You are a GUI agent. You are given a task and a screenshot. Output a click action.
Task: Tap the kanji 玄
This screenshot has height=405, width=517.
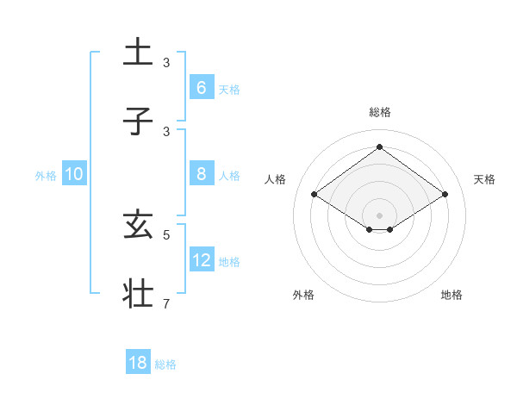138,227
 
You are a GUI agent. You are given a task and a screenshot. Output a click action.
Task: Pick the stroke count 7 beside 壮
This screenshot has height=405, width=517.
166,303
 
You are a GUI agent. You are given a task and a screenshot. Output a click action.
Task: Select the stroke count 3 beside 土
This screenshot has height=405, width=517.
166,63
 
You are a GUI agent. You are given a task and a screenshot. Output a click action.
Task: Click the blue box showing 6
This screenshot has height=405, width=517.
201,87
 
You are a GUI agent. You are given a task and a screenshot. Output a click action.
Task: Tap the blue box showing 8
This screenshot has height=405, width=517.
201,173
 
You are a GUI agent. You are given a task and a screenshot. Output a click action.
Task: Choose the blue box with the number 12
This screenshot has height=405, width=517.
201,259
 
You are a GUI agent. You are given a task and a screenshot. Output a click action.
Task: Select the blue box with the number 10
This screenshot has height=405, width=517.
74,173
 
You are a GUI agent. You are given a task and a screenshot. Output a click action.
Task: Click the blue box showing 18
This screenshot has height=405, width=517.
138,363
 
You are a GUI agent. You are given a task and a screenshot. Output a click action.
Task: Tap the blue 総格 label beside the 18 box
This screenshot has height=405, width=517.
165,364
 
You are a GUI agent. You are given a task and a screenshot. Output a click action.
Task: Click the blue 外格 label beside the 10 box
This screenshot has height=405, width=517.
46,176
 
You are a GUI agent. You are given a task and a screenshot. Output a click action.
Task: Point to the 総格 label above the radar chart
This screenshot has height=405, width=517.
379,112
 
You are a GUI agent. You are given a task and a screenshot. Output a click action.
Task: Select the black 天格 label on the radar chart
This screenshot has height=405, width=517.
484,179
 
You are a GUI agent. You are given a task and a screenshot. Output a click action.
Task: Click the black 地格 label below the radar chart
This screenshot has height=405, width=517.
452,295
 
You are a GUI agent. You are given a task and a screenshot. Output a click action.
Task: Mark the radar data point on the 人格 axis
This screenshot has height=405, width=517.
315,195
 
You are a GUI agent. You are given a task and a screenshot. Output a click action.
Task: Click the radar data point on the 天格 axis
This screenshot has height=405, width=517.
445,195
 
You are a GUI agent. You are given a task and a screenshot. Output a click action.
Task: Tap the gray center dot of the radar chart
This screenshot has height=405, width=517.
379,215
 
